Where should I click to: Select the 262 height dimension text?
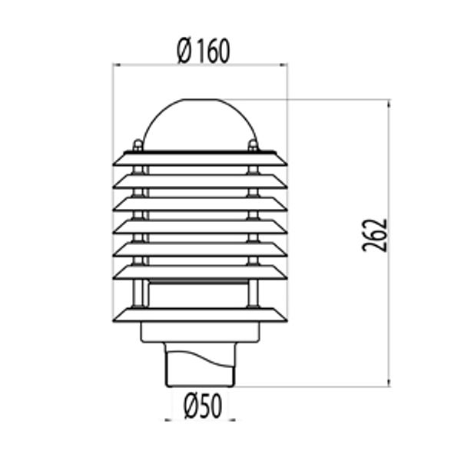click(375, 235)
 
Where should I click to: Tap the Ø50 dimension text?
click(203, 405)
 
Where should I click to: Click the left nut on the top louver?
click(138, 144)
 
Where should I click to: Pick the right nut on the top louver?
click(254, 144)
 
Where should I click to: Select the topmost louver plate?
click(200, 158)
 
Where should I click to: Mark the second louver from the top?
click(200, 181)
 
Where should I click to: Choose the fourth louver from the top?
click(200, 227)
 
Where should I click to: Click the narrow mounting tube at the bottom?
click(200, 373)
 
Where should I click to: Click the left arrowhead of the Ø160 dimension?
click(116, 65)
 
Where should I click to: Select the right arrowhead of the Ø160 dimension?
click(284, 65)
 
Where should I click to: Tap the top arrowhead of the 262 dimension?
click(389, 103)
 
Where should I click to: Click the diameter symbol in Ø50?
click(192, 405)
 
